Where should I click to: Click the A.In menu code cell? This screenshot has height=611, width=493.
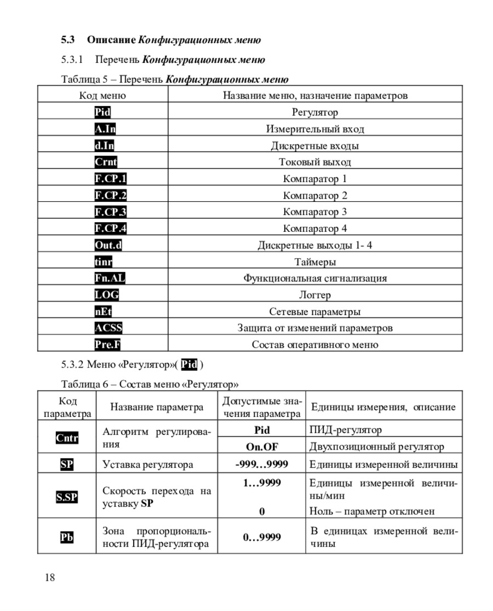pyautogui.click(x=105, y=129)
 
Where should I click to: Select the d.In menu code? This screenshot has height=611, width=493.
pyautogui.click(x=104, y=146)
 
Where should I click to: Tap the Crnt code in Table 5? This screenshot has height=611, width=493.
pyautogui.click(x=106, y=162)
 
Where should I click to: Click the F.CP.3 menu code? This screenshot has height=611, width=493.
pyautogui.click(x=110, y=212)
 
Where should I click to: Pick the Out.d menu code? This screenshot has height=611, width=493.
pyautogui.click(x=108, y=245)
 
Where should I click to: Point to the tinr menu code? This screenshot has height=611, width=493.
pyautogui.click(x=104, y=262)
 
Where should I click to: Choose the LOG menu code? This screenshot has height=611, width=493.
pyautogui.click(x=106, y=295)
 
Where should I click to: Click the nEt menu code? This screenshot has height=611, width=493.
pyautogui.click(x=103, y=312)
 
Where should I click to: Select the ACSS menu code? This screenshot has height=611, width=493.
pyautogui.click(x=108, y=328)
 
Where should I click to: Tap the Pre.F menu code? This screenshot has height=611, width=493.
pyautogui.click(x=107, y=345)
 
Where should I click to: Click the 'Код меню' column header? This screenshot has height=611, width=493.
pyautogui.click(x=102, y=96)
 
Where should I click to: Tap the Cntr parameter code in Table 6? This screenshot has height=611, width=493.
pyautogui.click(x=67, y=438)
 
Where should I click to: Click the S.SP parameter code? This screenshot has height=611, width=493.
pyautogui.click(x=67, y=497)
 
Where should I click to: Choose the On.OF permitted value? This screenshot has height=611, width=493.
pyautogui.click(x=262, y=447)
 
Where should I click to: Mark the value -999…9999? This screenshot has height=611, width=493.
pyautogui.click(x=262, y=464)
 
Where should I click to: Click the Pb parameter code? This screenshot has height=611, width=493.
pyautogui.click(x=67, y=537)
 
